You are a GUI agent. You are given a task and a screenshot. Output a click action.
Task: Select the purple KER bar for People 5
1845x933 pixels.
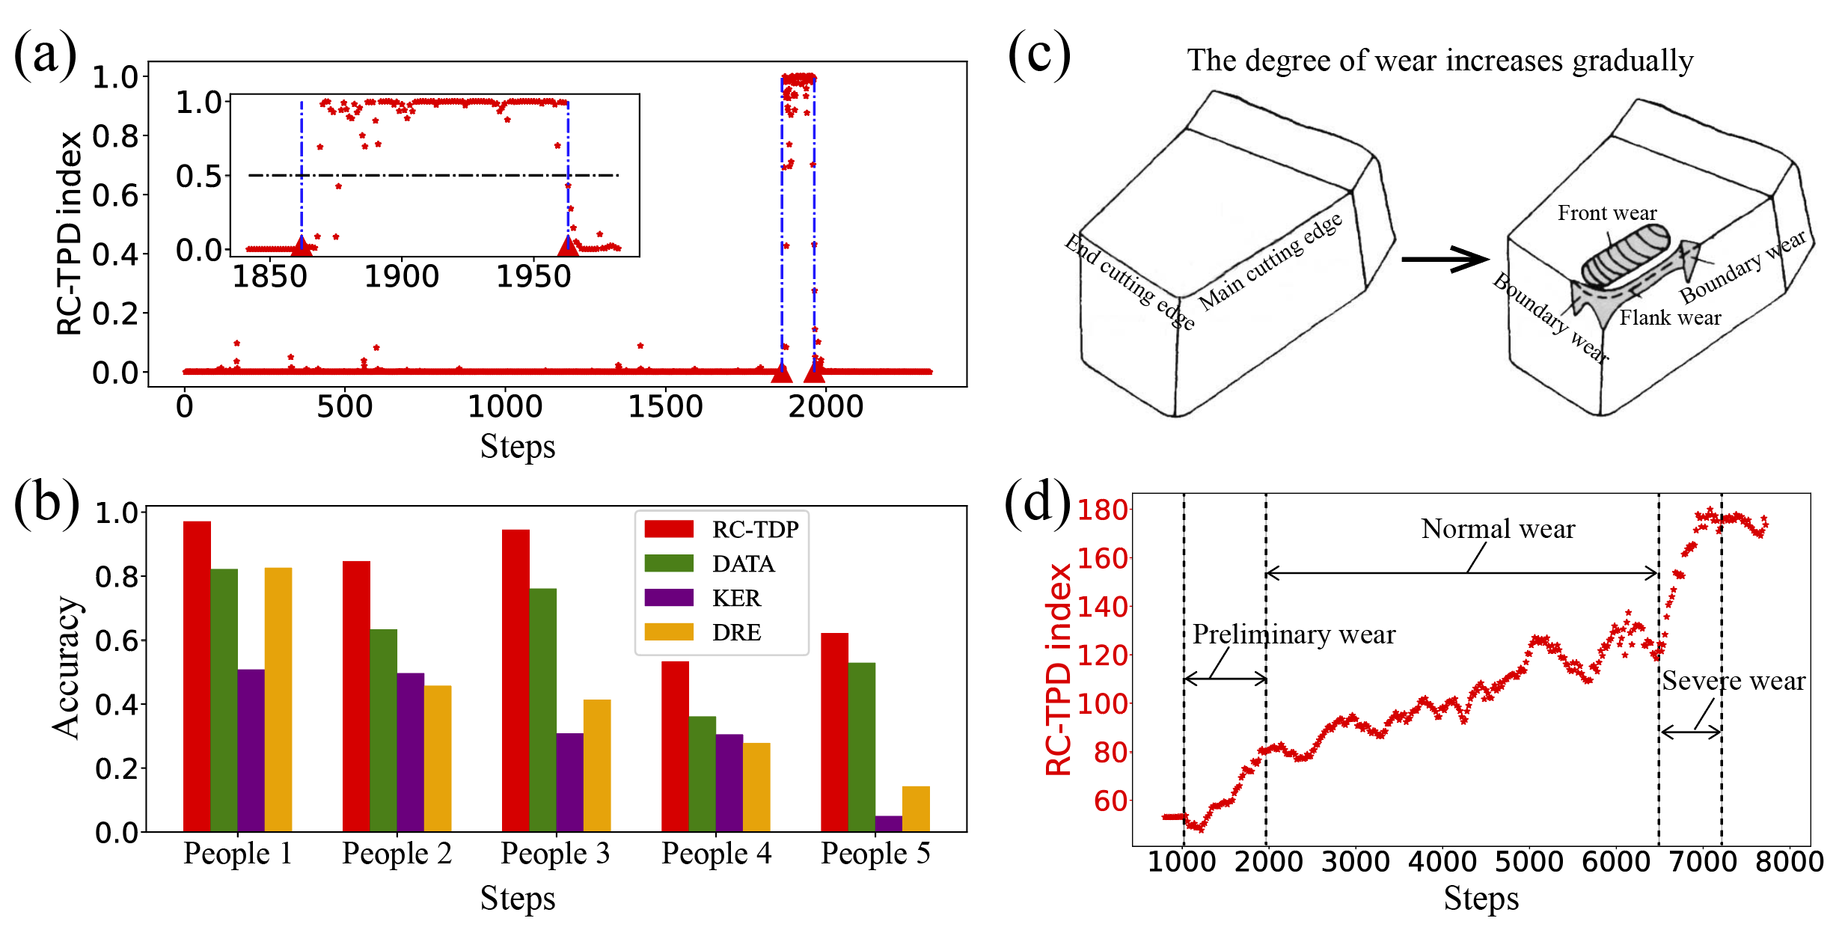(x=888, y=823)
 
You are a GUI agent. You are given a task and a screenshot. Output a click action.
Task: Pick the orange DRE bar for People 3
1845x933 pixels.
(x=596, y=765)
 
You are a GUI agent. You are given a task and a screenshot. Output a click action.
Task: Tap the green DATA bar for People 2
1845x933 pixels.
(x=383, y=729)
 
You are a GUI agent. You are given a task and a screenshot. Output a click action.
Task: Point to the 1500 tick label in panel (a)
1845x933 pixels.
(x=665, y=406)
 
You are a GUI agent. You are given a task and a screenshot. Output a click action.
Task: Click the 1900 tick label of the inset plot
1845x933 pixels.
(x=401, y=277)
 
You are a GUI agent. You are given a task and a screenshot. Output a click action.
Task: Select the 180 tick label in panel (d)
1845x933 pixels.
(x=1102, y=510)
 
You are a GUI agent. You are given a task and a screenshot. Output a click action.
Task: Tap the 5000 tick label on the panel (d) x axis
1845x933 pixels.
(x=1529, y=861)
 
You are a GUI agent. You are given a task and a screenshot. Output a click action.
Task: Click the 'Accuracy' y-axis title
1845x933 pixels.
(x=67, y=667)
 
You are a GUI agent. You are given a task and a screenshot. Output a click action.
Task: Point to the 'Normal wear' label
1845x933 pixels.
(x=1498, y=529)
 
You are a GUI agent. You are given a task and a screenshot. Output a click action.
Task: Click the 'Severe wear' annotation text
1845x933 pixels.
(x=1734, y=681)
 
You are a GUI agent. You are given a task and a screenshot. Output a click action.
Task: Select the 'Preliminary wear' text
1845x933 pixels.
(x=1294, y=634)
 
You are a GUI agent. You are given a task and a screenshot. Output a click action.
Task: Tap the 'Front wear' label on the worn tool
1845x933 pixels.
(x=1607, y=213)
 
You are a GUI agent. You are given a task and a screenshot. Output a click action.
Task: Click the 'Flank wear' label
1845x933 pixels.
(x=1670, y=318)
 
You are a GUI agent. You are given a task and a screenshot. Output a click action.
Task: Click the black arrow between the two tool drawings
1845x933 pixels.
(x=1444, y=260)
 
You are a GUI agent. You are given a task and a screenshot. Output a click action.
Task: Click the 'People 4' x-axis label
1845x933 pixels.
(x=716, y=854)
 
